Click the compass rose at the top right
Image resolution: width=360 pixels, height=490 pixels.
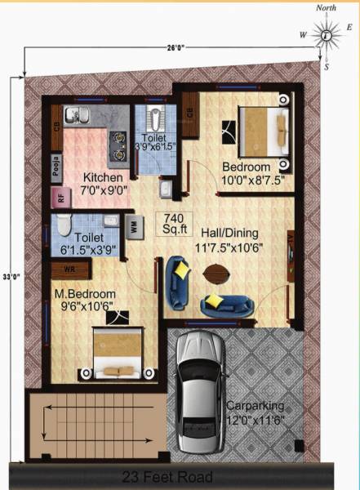tap(326, 35)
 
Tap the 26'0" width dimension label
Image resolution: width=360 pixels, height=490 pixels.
tap(175, 48)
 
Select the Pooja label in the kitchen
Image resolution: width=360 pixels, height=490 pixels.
tap(57, 167)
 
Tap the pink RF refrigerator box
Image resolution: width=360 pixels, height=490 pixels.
tap(60, 197)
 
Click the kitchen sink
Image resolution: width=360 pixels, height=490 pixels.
tap(76, 114)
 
